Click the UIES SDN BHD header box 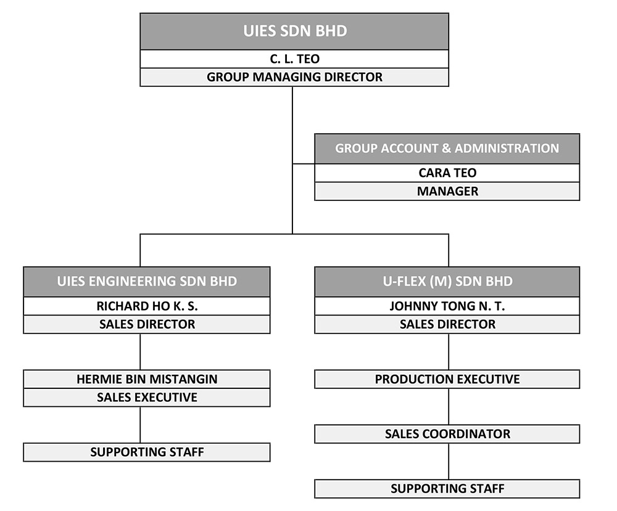(x=294, y=31)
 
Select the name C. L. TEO (x=294, y=59)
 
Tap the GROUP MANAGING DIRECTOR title (x=294, y=77)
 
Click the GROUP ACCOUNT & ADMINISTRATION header (x=447, y=149)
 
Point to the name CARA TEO (x=447, y=173)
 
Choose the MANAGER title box (x=447, y=191)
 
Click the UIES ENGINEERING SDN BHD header (x=147, y=282)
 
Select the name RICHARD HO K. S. (x=147, y=306)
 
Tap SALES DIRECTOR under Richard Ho (x=147, y=324)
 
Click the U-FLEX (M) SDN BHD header (x=447, y=282)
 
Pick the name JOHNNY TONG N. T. (x=447, y=306)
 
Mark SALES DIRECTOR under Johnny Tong (x=447, y=324)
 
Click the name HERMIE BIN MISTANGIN (x=147, y=379)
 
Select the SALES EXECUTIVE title (x=147, y=398)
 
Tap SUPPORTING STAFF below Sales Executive (x=147, y=452)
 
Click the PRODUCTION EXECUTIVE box (x=447, y=379)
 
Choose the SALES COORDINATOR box (x=447, y=434)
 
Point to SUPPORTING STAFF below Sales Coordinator (x=447, y=489)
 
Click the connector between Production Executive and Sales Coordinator (x=449, y=406)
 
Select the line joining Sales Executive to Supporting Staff (x=141, y=425)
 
